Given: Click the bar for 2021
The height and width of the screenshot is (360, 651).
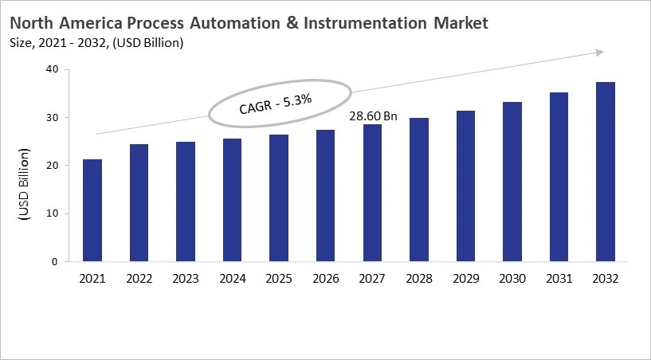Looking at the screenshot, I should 92,210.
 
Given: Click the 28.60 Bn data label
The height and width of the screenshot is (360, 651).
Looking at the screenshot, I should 373,116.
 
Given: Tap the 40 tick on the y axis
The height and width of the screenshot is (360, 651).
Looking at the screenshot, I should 52,69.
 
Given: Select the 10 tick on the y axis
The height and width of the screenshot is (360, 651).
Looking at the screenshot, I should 52,213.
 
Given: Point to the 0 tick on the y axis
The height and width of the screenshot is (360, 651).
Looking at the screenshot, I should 55,261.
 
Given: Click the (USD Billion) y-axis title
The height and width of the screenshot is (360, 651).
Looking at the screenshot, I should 24,184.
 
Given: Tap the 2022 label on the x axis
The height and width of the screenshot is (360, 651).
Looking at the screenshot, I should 139,278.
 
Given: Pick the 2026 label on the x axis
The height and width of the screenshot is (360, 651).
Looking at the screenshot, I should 325,278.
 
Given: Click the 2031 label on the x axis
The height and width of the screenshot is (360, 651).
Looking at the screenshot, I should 558,278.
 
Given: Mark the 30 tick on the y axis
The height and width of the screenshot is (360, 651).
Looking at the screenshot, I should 52,117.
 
